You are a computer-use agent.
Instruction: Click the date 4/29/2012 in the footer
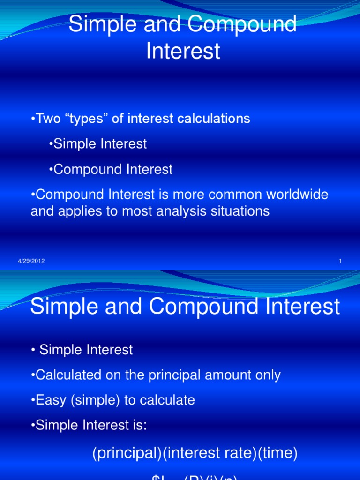pyautogui.click(x=31, y=261)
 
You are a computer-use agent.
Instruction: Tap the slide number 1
pyautogui.click(x=340, y=261)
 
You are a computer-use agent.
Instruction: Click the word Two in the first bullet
pyautogui.click(x=49, y=119)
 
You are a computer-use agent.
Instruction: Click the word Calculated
pyautogui.click(x=68, y=375)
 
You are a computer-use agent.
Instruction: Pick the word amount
pyautogui.click(x=224, y=375)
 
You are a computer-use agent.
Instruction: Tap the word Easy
pyautogui.click(x=51, y=400)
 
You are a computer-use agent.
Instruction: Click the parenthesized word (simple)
pyautogui.click(x=96, y=400)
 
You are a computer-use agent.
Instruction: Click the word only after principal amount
pyautogui.click(x=267, y=375)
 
